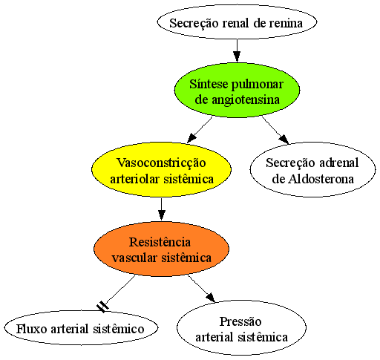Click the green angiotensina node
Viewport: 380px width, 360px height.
237,90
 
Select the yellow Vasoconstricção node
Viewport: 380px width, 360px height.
161,169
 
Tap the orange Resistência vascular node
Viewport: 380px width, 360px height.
161,249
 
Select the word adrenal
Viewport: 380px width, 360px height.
338,163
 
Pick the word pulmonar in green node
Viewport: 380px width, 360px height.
258,85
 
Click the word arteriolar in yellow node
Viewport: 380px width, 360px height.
134,179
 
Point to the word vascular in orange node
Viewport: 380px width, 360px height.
134,258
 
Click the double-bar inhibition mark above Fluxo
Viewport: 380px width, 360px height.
102,307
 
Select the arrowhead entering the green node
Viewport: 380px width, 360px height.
237,56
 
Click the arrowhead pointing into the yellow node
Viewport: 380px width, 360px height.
191,138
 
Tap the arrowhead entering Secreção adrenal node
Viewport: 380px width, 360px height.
284,139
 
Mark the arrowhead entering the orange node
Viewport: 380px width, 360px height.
161,215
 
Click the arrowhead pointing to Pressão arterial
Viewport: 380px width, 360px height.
210,298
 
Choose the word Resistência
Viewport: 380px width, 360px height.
160,242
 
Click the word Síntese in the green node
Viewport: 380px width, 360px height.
209,84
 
